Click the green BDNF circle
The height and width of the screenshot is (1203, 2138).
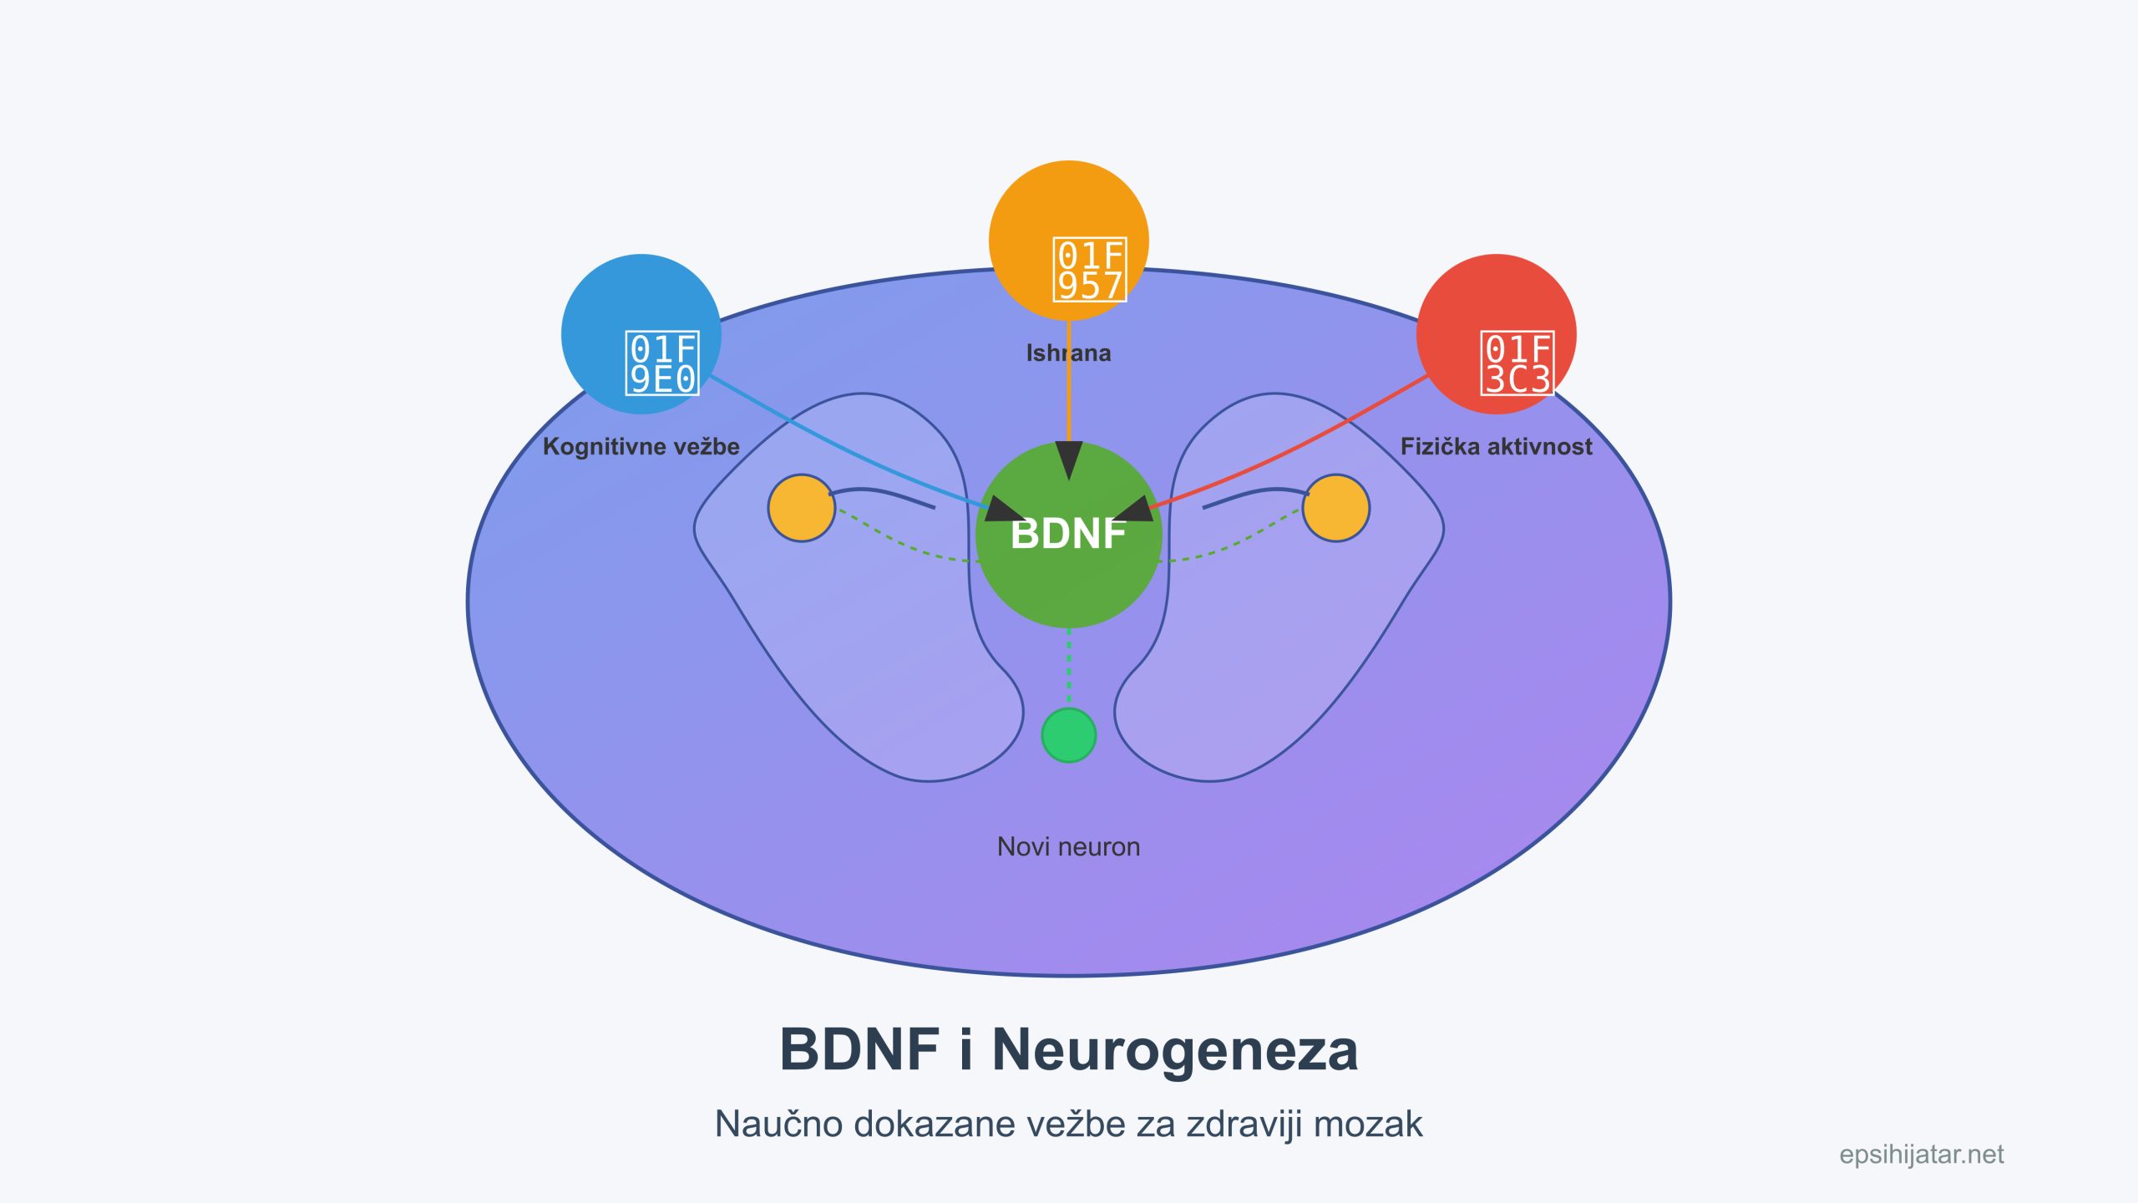[x=1068, y=576]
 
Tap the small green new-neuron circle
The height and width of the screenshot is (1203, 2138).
[x=1068, y=735]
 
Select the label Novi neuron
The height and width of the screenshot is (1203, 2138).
[x=1068, y=847]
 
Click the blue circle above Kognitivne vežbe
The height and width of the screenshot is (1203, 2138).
[x=641, y=301]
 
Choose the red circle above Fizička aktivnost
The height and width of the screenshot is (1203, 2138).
[x=1496, y=301]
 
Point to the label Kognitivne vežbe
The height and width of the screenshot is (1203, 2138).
[x=641, y=447]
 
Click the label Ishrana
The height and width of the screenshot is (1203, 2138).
[x=1068, y=353]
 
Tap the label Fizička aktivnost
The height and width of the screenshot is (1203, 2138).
[x=1496, y=447]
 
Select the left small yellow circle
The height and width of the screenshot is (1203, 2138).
[x=801, y=508]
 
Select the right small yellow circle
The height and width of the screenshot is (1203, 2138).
[x=1335, y=508]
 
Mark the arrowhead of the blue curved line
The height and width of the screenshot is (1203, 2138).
[x=1006, y=510]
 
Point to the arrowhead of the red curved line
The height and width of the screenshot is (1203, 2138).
[x=1133, y=510]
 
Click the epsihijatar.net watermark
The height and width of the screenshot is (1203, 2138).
[x=1921, y=1155]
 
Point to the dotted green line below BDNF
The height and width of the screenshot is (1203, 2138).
[x=1069, y=668]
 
